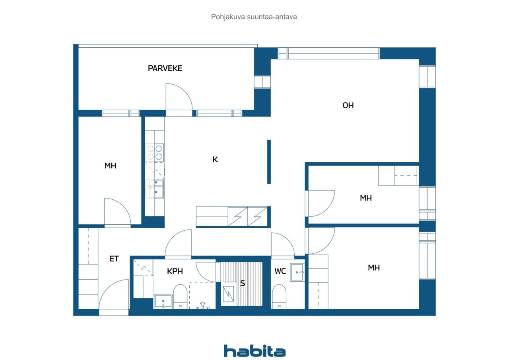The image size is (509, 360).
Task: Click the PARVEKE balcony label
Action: point(165,68)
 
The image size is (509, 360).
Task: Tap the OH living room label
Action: point(348,105)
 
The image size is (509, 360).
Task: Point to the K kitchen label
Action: point(215,160)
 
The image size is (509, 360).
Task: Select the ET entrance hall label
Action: point(114,259)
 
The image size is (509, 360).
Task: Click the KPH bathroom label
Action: point(175,271)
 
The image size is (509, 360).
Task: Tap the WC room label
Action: point(280,271)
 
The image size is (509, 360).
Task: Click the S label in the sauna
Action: point(243,283)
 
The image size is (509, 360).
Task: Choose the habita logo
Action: point(255,351)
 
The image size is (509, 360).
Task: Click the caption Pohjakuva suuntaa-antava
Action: point(254,17)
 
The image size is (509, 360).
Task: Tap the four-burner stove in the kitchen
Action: point(155,152)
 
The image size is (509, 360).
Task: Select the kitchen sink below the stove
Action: point(156,189)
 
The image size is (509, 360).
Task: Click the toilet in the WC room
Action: point(279,297)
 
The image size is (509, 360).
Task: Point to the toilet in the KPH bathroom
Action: point(180,297)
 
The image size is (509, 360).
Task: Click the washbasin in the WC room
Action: point(297,272)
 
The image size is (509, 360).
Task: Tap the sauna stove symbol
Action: point(228,294)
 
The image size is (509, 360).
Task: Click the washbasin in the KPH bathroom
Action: point(163,302)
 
